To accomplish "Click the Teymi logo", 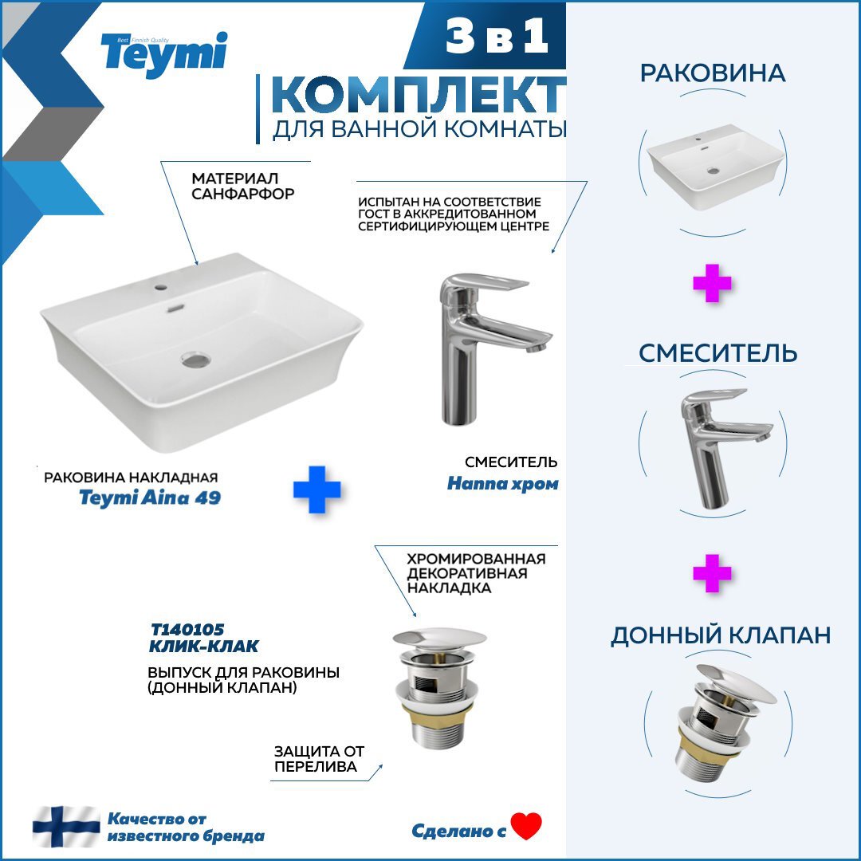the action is point(163,55).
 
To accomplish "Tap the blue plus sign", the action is point(316,489).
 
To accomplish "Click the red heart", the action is point(526,826).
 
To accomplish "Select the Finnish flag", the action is point(66,827).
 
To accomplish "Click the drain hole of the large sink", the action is point(196,360).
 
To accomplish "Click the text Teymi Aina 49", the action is point(150,497).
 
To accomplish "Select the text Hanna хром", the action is point(502,484).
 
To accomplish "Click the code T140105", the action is point(187,629).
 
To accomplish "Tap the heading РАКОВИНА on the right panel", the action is point(713,73).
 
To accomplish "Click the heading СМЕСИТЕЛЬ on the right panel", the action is point(717,353).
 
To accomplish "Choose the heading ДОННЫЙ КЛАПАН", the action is point(721,635).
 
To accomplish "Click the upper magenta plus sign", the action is point(712,283).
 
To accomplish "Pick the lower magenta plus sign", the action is point(712,573).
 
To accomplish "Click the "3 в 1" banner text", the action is point(497,36).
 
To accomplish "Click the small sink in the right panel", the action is point(713,167).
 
